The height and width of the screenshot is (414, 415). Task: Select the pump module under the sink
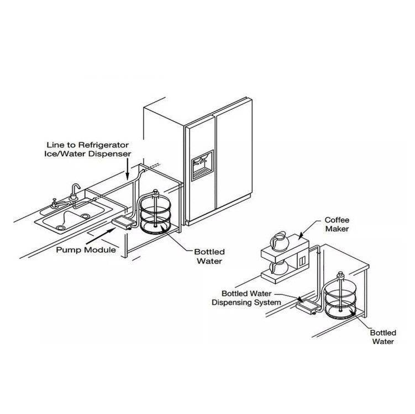click(122, 222)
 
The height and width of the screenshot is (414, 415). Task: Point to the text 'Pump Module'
click(86, 250)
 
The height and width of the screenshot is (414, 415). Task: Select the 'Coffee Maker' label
click(337, 224)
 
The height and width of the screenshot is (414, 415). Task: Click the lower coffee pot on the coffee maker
click(280, 268)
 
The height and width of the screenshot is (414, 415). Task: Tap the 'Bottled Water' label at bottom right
click(382, 337)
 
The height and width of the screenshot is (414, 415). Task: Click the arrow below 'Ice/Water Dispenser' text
click(128, 168)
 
